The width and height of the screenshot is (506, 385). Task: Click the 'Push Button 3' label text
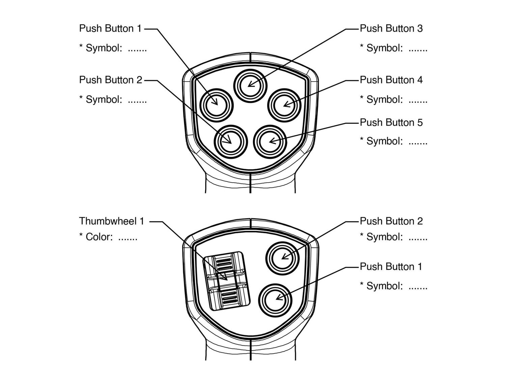pyautogui.click(x=391, y=29)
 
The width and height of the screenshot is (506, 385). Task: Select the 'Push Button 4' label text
pyautogui.click(x=391, y=80)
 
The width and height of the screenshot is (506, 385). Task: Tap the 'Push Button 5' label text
pyautogui.click(x=391, y=123)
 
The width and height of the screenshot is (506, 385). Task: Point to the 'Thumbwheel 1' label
pyautogui.click(x=112, y=221)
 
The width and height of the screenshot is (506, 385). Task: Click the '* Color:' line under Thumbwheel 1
pyautogui.click(x=108, y=237)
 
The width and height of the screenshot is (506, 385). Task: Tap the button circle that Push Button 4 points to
pyautogui.click(x=284, y=105)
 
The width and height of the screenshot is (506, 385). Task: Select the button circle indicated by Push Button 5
pyautogui.click(x=270, y=141)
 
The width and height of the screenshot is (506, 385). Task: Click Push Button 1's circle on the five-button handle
pyautogui.click(x=216, y=105)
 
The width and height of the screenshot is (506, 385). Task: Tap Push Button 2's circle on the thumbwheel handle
pyautogui.click(x=282, y=258)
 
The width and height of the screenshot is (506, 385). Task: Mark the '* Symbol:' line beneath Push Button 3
pyautogui.click(x=393, y=48)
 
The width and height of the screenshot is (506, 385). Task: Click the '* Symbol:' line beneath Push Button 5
pyautogui.click(x=393, y=141)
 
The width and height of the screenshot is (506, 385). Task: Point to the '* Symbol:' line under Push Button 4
pyautogui.click(x=393, y=100)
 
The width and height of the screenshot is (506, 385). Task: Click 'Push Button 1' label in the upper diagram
pyautogui.click(x=110, y=29)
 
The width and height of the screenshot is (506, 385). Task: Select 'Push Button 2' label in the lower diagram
pyautogui.click(x=391, y=221)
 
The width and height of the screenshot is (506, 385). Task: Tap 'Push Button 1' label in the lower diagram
pyautogui.click(x=391, y=267)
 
